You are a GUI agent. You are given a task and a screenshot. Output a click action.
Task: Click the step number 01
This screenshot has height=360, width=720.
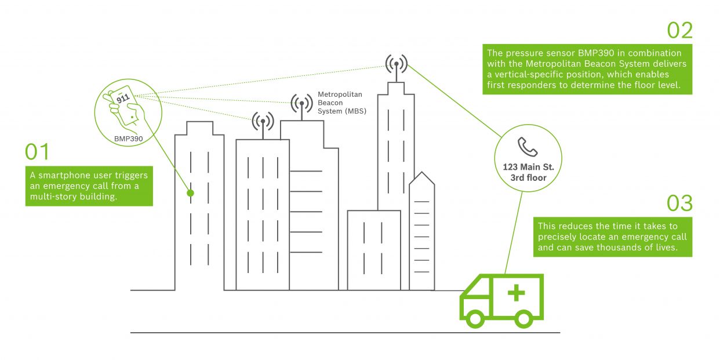pyautogui.click(x=37, y=152)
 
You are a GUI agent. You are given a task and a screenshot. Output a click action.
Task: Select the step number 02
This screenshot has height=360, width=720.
pyautogui.click(x=679, y=30)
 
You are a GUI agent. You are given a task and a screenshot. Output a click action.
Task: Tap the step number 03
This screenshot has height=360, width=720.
pyautogui.click(x=679, y=203)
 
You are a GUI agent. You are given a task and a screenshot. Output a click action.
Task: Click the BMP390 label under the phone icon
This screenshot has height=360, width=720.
pyautogui.click(x=128, y=139)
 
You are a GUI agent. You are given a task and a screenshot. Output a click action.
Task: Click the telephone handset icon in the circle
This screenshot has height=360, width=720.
pyautogui.click(x=528, y=148)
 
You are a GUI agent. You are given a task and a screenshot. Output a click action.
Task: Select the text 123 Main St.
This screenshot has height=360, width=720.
pyautogui.click(x=528, y=168)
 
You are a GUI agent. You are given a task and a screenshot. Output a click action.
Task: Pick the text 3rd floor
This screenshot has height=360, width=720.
pyautogui.click(x=528, y=178)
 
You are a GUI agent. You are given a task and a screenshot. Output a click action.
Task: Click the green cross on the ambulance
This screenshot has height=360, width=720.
pyautogui.click(x=515, y=293)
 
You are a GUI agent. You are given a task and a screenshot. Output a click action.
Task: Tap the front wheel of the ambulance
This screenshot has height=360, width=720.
pyautogui.click(x=475, y=318)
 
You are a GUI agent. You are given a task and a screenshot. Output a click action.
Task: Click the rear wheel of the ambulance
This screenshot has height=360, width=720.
pyautogui.click(x=523, y=318)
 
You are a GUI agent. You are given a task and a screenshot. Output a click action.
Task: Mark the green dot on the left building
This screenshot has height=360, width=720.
pyautogui.click(x=190, y=192)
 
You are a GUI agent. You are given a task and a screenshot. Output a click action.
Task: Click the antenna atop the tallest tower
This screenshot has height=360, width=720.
pyautogui.click(x=397, y=64)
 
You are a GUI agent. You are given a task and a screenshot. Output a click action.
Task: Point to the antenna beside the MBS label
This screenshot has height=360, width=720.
pyautogui.click(x=301, y=105)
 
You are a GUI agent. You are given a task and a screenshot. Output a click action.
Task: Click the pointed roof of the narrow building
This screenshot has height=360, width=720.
pyautogui.click(x=421, y=177)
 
